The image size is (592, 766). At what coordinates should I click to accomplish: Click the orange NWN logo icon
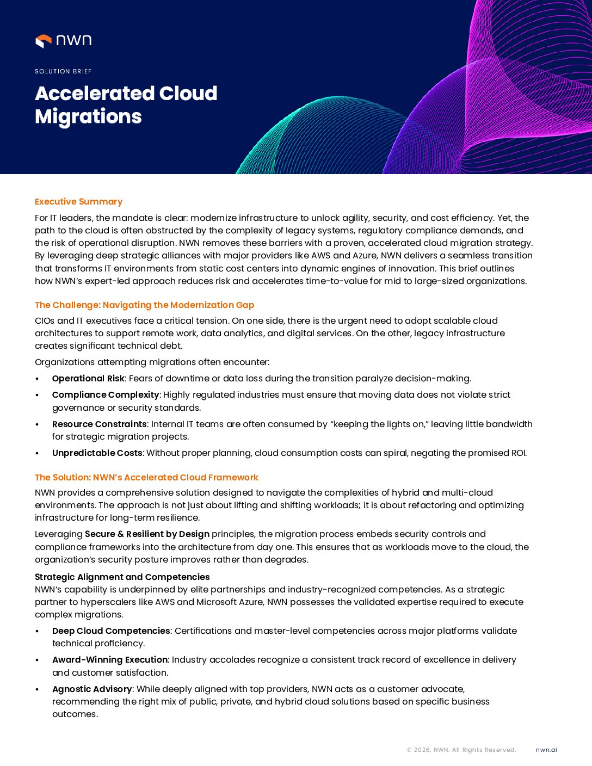(43, 41)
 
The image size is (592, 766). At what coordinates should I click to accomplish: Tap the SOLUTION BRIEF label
(63, 71)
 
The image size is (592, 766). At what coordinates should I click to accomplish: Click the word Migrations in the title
(88, 117)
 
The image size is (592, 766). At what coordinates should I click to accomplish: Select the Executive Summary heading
(78, 202)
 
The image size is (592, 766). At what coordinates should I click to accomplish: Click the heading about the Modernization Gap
(144, 305)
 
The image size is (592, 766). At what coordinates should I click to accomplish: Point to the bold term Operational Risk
(88, 379)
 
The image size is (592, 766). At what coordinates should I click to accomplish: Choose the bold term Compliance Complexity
(106, 395)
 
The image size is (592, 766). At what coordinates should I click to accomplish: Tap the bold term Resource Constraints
(99, 424)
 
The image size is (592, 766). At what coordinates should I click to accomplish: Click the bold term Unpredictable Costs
(97, 453)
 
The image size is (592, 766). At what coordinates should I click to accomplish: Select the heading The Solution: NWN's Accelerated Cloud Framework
(146, 478)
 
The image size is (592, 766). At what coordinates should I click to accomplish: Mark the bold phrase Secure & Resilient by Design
(147, 534)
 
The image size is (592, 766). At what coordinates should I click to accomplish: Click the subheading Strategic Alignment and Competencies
(122, 577)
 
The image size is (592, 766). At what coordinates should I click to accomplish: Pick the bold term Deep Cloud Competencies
(111, 631)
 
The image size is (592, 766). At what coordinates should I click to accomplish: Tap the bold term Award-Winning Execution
(109, 660)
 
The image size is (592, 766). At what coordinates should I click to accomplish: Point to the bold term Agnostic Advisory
(92, 689)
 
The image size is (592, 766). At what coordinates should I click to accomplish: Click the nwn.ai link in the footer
(546, 750)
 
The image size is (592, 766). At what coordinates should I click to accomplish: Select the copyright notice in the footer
(461, 750)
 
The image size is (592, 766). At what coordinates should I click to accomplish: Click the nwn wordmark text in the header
(73, 40)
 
